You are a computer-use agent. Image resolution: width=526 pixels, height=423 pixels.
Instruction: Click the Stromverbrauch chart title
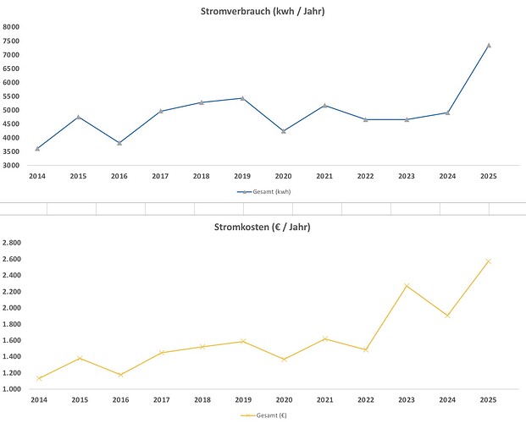[x=263, y=11]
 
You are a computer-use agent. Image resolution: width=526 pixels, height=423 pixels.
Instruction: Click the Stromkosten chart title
[x=263, y=227]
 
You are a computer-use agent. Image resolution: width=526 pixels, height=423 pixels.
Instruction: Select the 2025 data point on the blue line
[x=489, y=45]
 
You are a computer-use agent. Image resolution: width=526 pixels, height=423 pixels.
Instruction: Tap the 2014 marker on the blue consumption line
[x=37, y=149]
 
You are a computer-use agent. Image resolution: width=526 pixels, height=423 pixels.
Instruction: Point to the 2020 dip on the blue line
[x=284, y=131]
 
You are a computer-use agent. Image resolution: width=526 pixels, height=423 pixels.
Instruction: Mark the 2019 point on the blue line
[x=242, y=98]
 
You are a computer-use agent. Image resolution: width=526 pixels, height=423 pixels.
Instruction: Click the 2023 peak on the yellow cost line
[x=407, y=285]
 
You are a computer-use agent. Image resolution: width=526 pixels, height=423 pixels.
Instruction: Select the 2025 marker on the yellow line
[x=489, y=261]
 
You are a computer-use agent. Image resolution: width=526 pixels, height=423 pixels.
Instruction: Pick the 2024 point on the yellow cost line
[x=447, y=316]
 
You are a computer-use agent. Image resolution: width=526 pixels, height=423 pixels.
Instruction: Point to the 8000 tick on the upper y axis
[x=11, y=27]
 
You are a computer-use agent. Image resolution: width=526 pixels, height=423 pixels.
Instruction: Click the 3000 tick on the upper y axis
[x=11, y=165]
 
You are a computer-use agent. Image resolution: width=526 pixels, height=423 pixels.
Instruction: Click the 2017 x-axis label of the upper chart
[x=160, y=176]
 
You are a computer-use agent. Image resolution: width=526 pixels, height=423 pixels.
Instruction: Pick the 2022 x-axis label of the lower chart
[x=365, y=400]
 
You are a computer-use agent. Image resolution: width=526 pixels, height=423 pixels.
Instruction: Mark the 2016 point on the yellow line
[x=119, y=375]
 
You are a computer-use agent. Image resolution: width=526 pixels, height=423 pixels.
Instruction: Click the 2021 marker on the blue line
[x=324, y=105]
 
